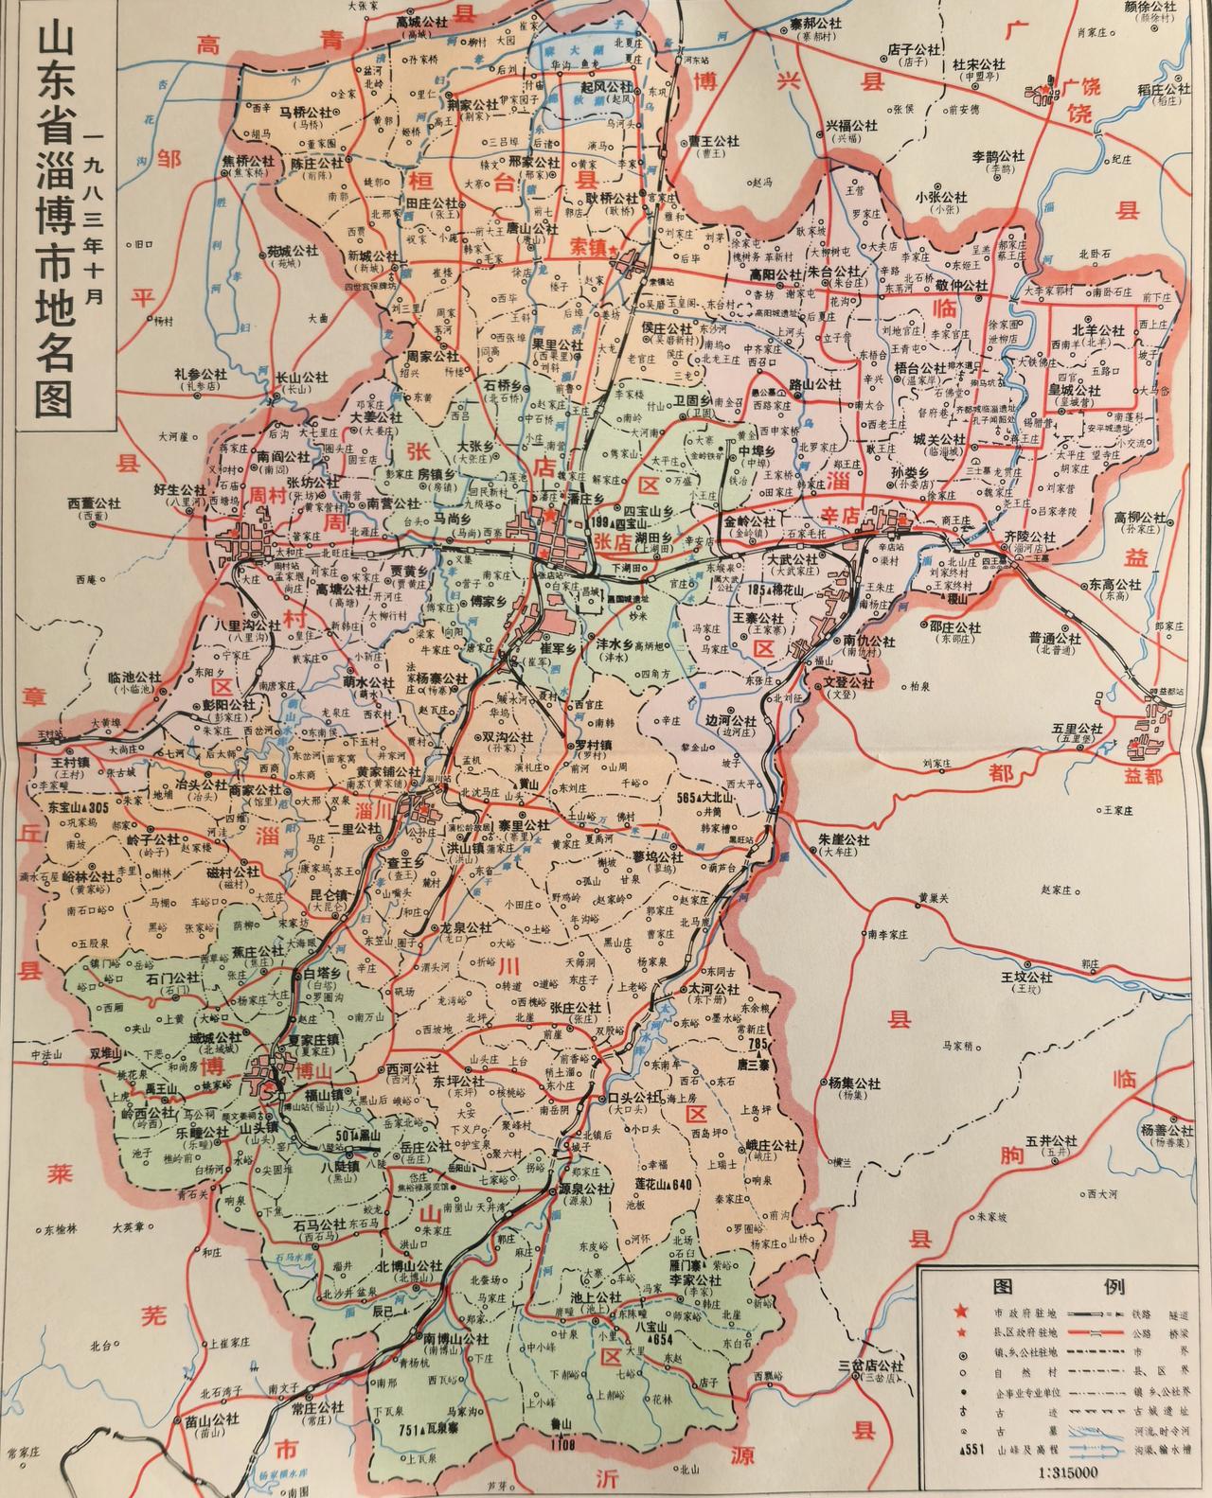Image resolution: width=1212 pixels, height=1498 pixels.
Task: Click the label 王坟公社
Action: [x=1026, y=977]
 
